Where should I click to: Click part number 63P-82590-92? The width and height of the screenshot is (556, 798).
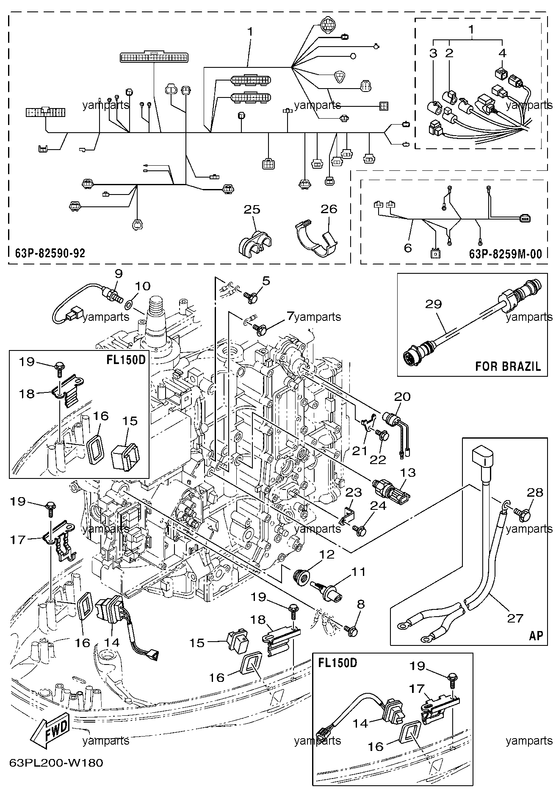(x=47, y=253)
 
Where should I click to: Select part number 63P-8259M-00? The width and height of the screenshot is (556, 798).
(x=506, y=253)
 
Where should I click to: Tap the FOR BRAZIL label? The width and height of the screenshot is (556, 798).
(x=508, y=366)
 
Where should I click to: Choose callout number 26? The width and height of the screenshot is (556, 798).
(x=329, y=209)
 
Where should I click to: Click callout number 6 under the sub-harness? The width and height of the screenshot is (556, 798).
(x=408, y=247)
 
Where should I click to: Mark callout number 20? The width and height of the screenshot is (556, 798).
(x=402, y=397)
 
